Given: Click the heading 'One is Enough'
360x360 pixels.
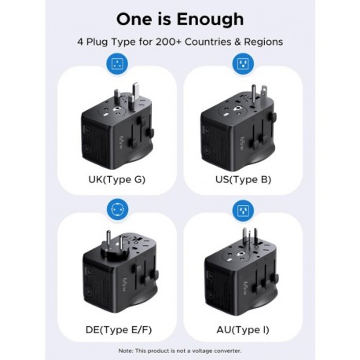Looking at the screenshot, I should click(x=180, y=19).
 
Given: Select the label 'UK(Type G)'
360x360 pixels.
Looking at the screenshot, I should click(x=117, y=179).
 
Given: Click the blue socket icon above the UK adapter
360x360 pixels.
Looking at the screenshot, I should click(x=117, y=65).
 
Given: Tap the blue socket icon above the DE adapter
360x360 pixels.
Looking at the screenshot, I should click(x=117, y=211).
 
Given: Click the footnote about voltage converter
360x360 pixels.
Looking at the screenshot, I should click(x=180, y=350).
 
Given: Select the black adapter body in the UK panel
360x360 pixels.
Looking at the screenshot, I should click(x=114, y=134).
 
